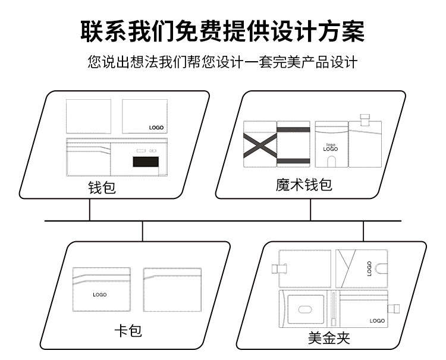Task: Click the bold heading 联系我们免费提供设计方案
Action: (222, 31)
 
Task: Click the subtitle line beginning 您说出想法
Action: (222, 62)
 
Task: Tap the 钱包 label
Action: (102, 188)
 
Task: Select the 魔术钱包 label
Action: (304, 185)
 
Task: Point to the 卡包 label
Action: (128, 331)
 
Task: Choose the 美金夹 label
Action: (329, 338)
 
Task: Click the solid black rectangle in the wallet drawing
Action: (146, 162)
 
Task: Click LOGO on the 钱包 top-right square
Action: (156, 128)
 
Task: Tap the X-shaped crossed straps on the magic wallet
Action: (260, 146)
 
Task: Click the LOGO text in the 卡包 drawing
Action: (99, 295)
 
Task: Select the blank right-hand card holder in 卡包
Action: (172, 290)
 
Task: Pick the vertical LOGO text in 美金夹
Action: (369, 269)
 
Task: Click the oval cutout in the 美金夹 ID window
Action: (305, 309)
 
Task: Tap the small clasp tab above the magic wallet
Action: (365, 120)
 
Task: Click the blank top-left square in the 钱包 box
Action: (89, 116)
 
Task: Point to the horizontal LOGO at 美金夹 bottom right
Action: (377, 321)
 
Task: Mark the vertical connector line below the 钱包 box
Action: (90, 210)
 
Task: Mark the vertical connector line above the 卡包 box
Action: (143, 231)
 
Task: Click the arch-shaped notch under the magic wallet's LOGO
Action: (331, 161)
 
